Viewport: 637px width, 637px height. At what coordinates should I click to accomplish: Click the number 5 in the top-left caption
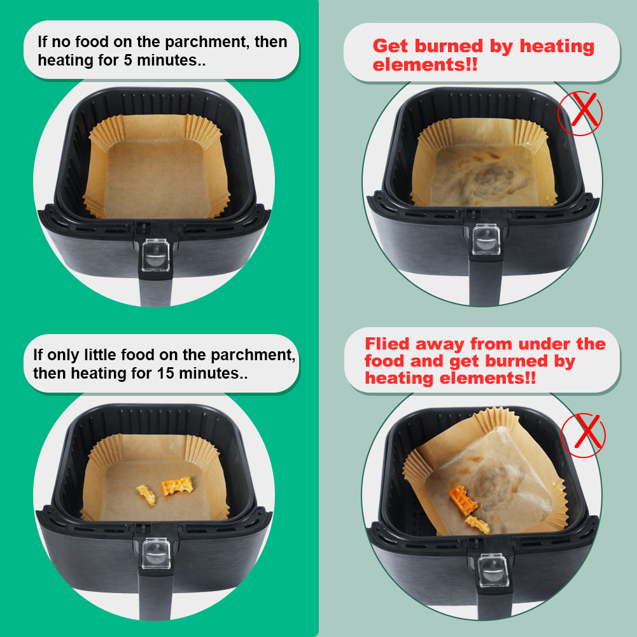(127, 60)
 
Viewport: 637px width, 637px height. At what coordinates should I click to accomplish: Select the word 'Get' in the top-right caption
(390, 46)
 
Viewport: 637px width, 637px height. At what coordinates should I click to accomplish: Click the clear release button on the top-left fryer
(156, 255)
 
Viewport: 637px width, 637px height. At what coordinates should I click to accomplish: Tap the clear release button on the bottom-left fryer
(157, 553)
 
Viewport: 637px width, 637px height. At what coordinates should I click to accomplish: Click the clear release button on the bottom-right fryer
(493, 570)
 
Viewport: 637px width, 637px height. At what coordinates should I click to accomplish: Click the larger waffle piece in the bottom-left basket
(177, 486)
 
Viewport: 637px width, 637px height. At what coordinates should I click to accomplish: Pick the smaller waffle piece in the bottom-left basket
(146, 495)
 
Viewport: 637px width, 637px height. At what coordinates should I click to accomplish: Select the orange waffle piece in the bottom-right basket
(463, 500)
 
